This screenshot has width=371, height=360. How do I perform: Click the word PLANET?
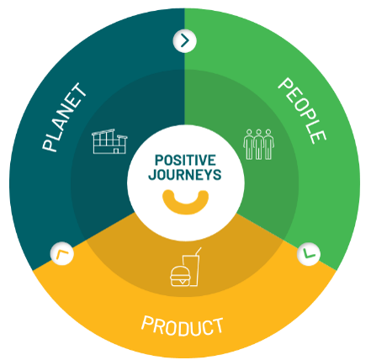point(65,118)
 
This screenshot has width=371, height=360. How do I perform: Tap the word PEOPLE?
point(302,111)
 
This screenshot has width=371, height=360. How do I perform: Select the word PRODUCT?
point(183,326)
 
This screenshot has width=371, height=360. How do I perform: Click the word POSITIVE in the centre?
point(185,161)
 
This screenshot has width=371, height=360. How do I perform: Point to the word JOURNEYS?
point(185,174)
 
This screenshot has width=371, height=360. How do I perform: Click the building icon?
point(109,141)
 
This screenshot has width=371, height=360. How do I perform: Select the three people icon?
point(258,145)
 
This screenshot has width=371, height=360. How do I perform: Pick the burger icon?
point(179,276)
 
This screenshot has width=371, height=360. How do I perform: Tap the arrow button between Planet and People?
point(184,41)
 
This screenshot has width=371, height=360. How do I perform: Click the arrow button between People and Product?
point(309,254)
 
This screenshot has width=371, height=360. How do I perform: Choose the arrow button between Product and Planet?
point(62,253)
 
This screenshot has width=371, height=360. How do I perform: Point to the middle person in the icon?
point(258,145)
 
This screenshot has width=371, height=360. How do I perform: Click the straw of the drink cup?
point(198,251)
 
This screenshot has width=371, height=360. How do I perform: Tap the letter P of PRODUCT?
point(146,322)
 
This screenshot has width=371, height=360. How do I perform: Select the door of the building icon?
point(116,151)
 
